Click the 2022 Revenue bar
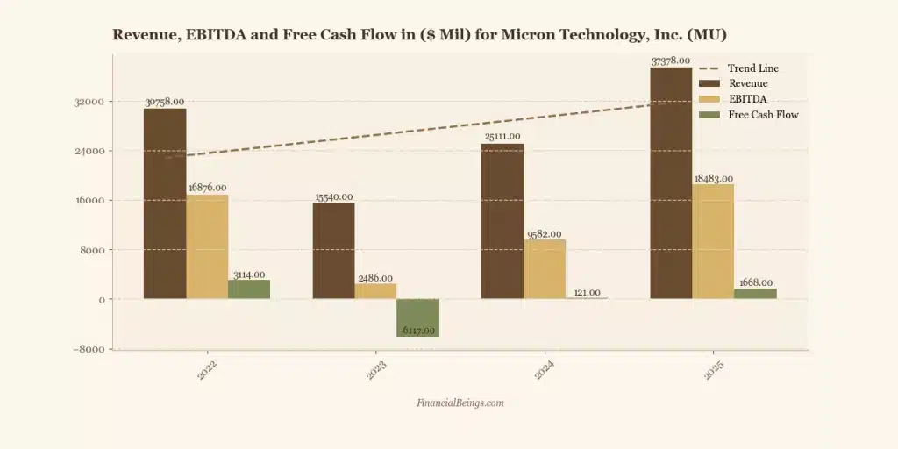(x=165, y=203)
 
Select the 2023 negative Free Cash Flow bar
(x=417, y=317)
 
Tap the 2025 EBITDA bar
(x=713, y=241)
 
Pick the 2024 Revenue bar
(x=502, y=221)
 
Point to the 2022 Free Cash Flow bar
(x=249, y=289)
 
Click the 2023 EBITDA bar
(x=375, y=291)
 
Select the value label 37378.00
(x=671, y=61)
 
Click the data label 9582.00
(x=545, y=234)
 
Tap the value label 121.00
(x=587, y=293)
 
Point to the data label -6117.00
(x=417, y=331)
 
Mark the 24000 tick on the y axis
(x=90, y=151)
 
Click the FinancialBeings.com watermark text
(x=460, y=403)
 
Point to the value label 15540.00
(x=334, y=197)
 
